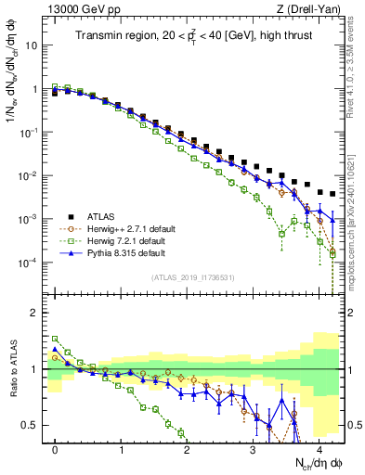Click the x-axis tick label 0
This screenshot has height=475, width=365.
coord(56,448)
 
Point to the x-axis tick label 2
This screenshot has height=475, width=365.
coord(188,448)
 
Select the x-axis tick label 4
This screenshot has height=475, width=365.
coord(319,448)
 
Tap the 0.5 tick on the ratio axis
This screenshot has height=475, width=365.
coord(32,426)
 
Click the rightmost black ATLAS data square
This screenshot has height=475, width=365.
coord(332,195)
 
